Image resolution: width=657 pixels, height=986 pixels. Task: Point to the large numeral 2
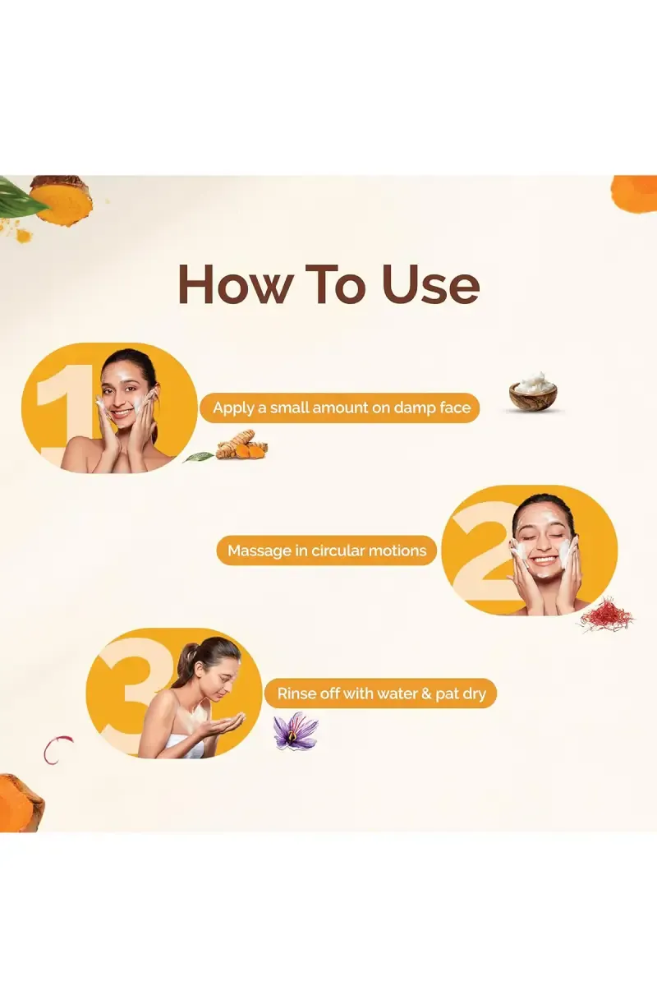click(480, 551)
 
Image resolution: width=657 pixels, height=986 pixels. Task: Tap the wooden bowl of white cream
click(532, 394)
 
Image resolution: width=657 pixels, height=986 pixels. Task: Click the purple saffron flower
click(295, 730)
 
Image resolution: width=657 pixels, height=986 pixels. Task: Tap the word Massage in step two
click(259, 551)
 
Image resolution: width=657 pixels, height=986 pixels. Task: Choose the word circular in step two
click(343, 551)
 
